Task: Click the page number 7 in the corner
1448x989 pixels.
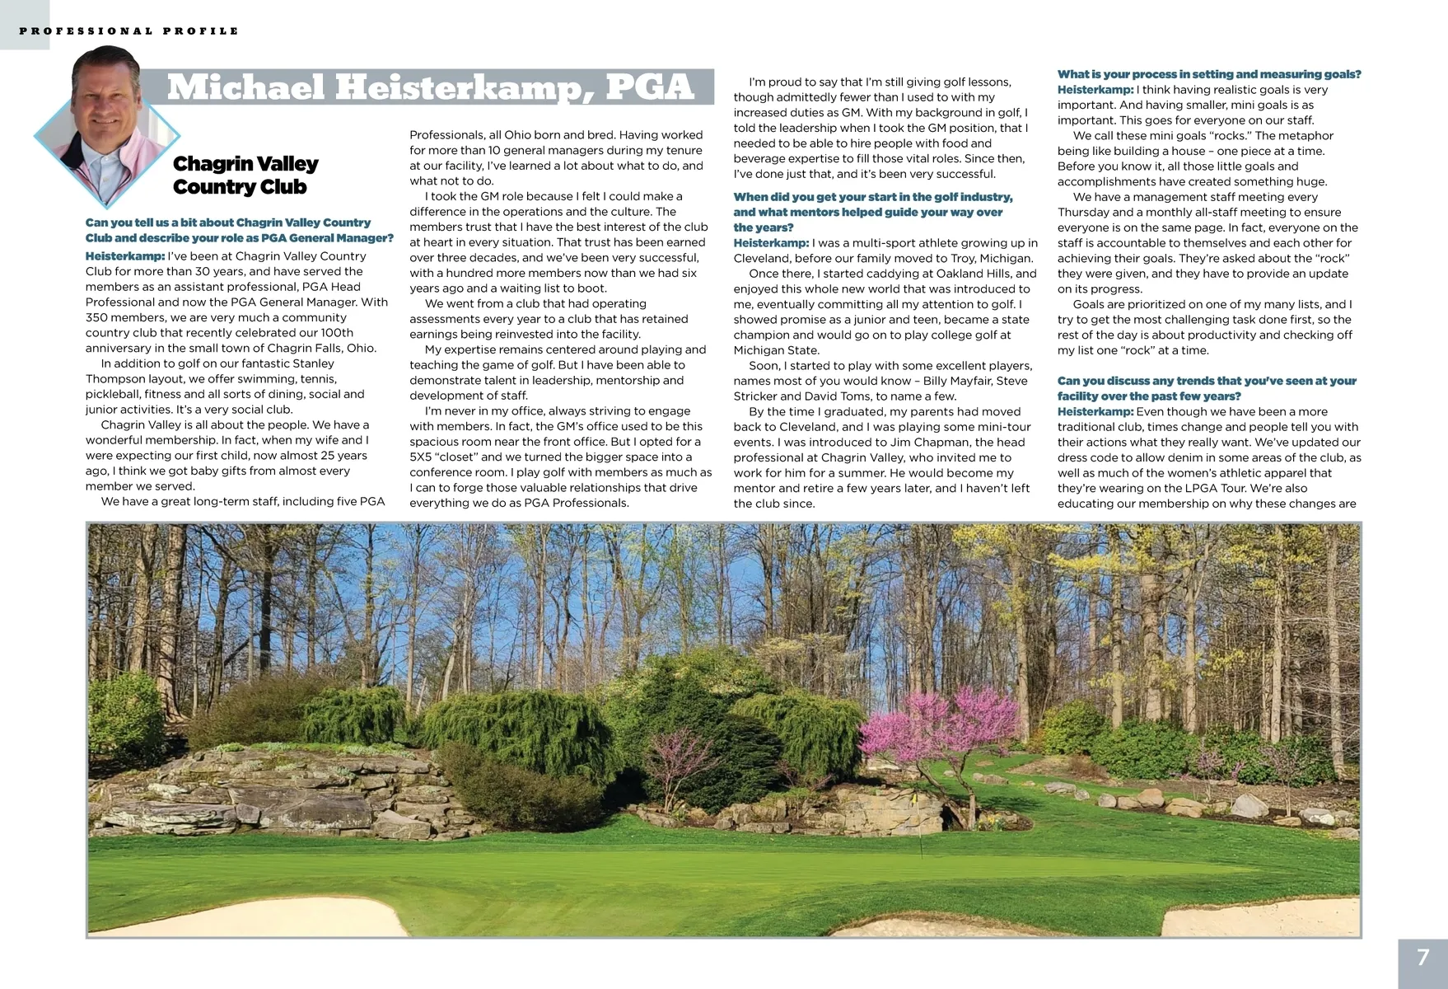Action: coord(1422,958)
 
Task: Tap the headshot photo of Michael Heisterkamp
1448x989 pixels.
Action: coord(107,128)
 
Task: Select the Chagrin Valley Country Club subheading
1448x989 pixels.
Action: coord(245,176)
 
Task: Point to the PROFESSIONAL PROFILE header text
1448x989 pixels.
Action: coord(129,31)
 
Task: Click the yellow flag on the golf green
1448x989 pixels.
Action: coord(913,799)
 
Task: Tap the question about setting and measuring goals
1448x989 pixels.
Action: coord(1208,74)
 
